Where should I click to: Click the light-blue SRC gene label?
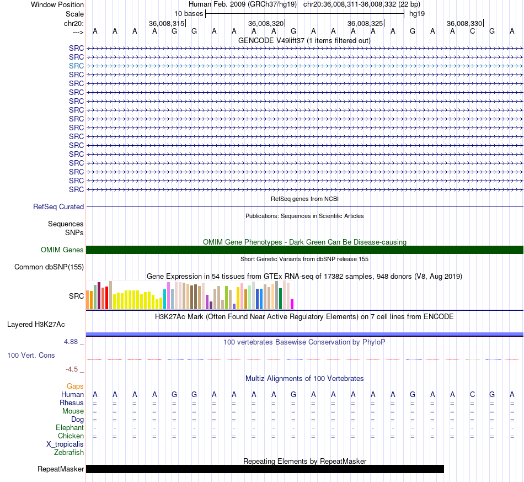click(x=76, y=66)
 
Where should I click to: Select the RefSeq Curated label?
click(x=58, y=206)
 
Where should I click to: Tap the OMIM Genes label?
click(x=62, y=250)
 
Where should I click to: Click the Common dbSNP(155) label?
click(x=49, y=267)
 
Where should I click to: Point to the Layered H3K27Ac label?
click(x=36, y=325)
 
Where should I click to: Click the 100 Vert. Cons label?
click(x=31, y=355)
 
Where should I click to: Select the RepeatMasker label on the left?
click(x=61, y=469)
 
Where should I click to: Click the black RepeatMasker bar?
click(x=265, y=469)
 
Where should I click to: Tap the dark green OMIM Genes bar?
click(x=305, y=250)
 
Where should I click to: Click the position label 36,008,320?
click(x=266, y=23)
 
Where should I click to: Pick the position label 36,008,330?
click(x=464, y=23)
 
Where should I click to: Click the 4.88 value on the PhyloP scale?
click(x=71, y=342)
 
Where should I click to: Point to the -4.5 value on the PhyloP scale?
click(x=72, y=369)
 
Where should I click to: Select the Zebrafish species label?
click(x=69, y=453)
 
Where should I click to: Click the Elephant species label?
click(x=69, y=427)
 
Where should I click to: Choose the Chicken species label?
click(x=71, y=436)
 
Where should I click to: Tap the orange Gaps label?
click(x=75, y=386)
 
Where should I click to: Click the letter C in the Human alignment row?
click(x=472, y=394)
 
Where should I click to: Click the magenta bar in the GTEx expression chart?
click(x=292, y=304)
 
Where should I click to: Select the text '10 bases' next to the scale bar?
click(x=189, y=14)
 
